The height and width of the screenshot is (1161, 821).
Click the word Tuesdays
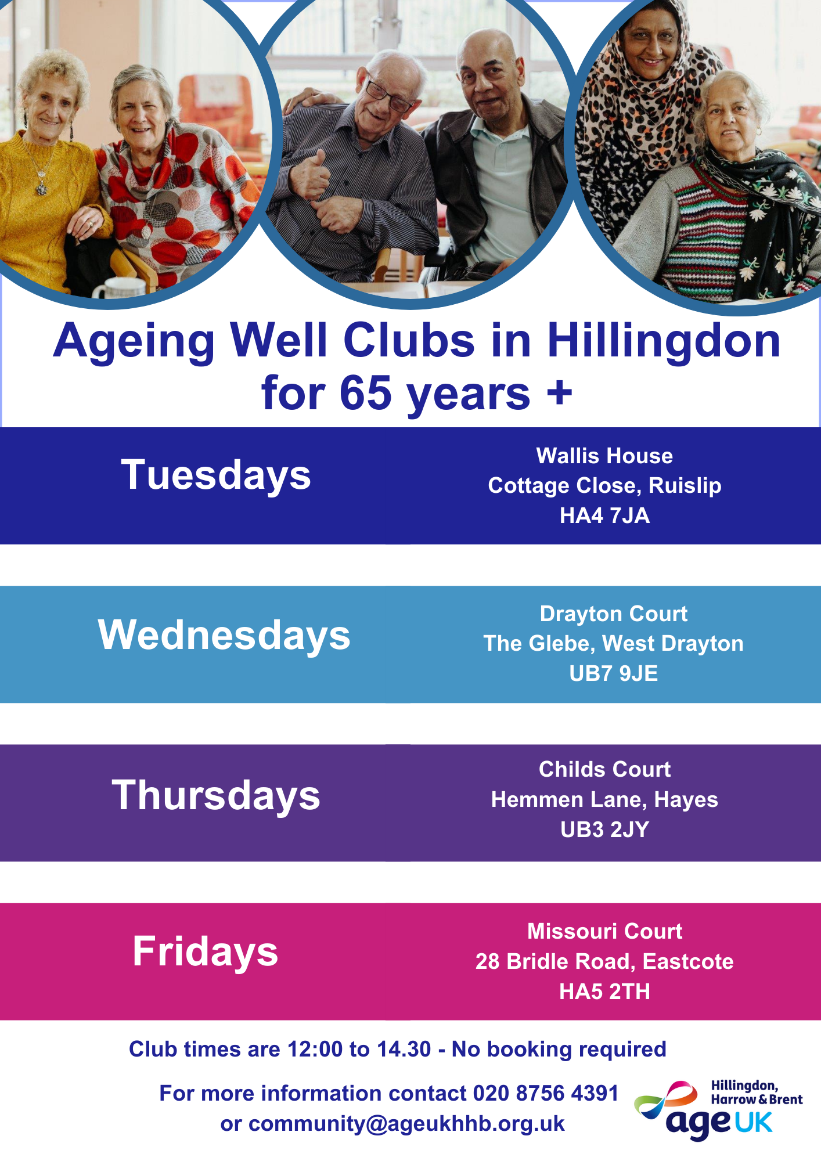tap(216, 475)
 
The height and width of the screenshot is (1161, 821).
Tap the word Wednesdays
tap(224, 635)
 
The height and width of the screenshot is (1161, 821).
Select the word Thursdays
tap(216, 795)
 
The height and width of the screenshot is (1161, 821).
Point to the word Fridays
tap(206, 952)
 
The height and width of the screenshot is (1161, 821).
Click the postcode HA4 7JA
tap(604, 515)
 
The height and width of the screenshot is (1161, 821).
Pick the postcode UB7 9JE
tap(613, 673)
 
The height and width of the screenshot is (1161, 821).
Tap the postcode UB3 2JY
tap(604, 830)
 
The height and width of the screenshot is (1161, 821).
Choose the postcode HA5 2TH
tap(604, 991)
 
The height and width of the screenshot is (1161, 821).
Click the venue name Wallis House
tap(604, 456)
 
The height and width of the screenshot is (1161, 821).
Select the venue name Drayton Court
tap(613, 614)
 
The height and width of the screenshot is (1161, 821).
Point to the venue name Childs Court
tap(604, 770)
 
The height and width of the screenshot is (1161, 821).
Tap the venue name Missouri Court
tap(604, 932)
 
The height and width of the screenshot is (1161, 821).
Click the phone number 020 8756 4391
tap(545, 1094)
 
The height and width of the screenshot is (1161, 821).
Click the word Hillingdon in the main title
tap(664, 341)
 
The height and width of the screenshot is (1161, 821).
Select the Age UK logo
tap(719, 1109)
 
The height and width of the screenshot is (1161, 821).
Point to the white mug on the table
tap(120, 289)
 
